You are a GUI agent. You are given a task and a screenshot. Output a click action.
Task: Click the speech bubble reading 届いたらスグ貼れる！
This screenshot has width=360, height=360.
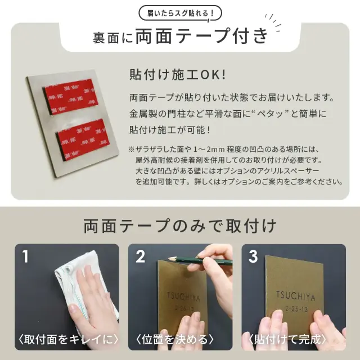[180, 13]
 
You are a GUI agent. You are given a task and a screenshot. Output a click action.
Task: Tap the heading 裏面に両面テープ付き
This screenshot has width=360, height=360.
[181, 36]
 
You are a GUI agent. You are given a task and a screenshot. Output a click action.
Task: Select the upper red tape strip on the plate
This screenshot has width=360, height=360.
[70, 97]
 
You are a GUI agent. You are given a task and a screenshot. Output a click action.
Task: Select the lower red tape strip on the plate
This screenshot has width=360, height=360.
[83, 139]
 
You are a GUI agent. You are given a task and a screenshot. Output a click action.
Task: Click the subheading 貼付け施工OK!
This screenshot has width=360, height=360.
[178, 75]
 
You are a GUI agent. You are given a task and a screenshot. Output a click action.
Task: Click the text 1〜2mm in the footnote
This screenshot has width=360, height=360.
[209, 150]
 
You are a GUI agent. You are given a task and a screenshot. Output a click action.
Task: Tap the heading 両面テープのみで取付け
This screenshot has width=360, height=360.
[180, 226]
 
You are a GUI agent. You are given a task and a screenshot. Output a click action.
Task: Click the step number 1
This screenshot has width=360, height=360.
[25, 256]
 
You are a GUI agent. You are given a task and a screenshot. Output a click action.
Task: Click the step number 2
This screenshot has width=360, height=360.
[140, 256]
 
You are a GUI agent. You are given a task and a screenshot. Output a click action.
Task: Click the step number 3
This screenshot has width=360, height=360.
[253, 256]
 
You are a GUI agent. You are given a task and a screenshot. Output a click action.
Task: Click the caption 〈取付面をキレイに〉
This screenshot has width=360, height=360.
[68, 339]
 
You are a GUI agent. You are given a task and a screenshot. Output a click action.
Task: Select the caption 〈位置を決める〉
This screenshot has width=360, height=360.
[175, 339]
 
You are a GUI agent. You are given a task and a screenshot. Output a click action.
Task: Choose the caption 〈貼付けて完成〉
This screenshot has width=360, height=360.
[287, 339]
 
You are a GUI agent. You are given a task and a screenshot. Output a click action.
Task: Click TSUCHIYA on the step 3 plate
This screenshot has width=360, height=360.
[295, 296]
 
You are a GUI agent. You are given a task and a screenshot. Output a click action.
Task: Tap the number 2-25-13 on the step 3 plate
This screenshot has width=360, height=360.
[296, 309]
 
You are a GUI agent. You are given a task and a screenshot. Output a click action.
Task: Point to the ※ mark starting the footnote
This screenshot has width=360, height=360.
[131, 150]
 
